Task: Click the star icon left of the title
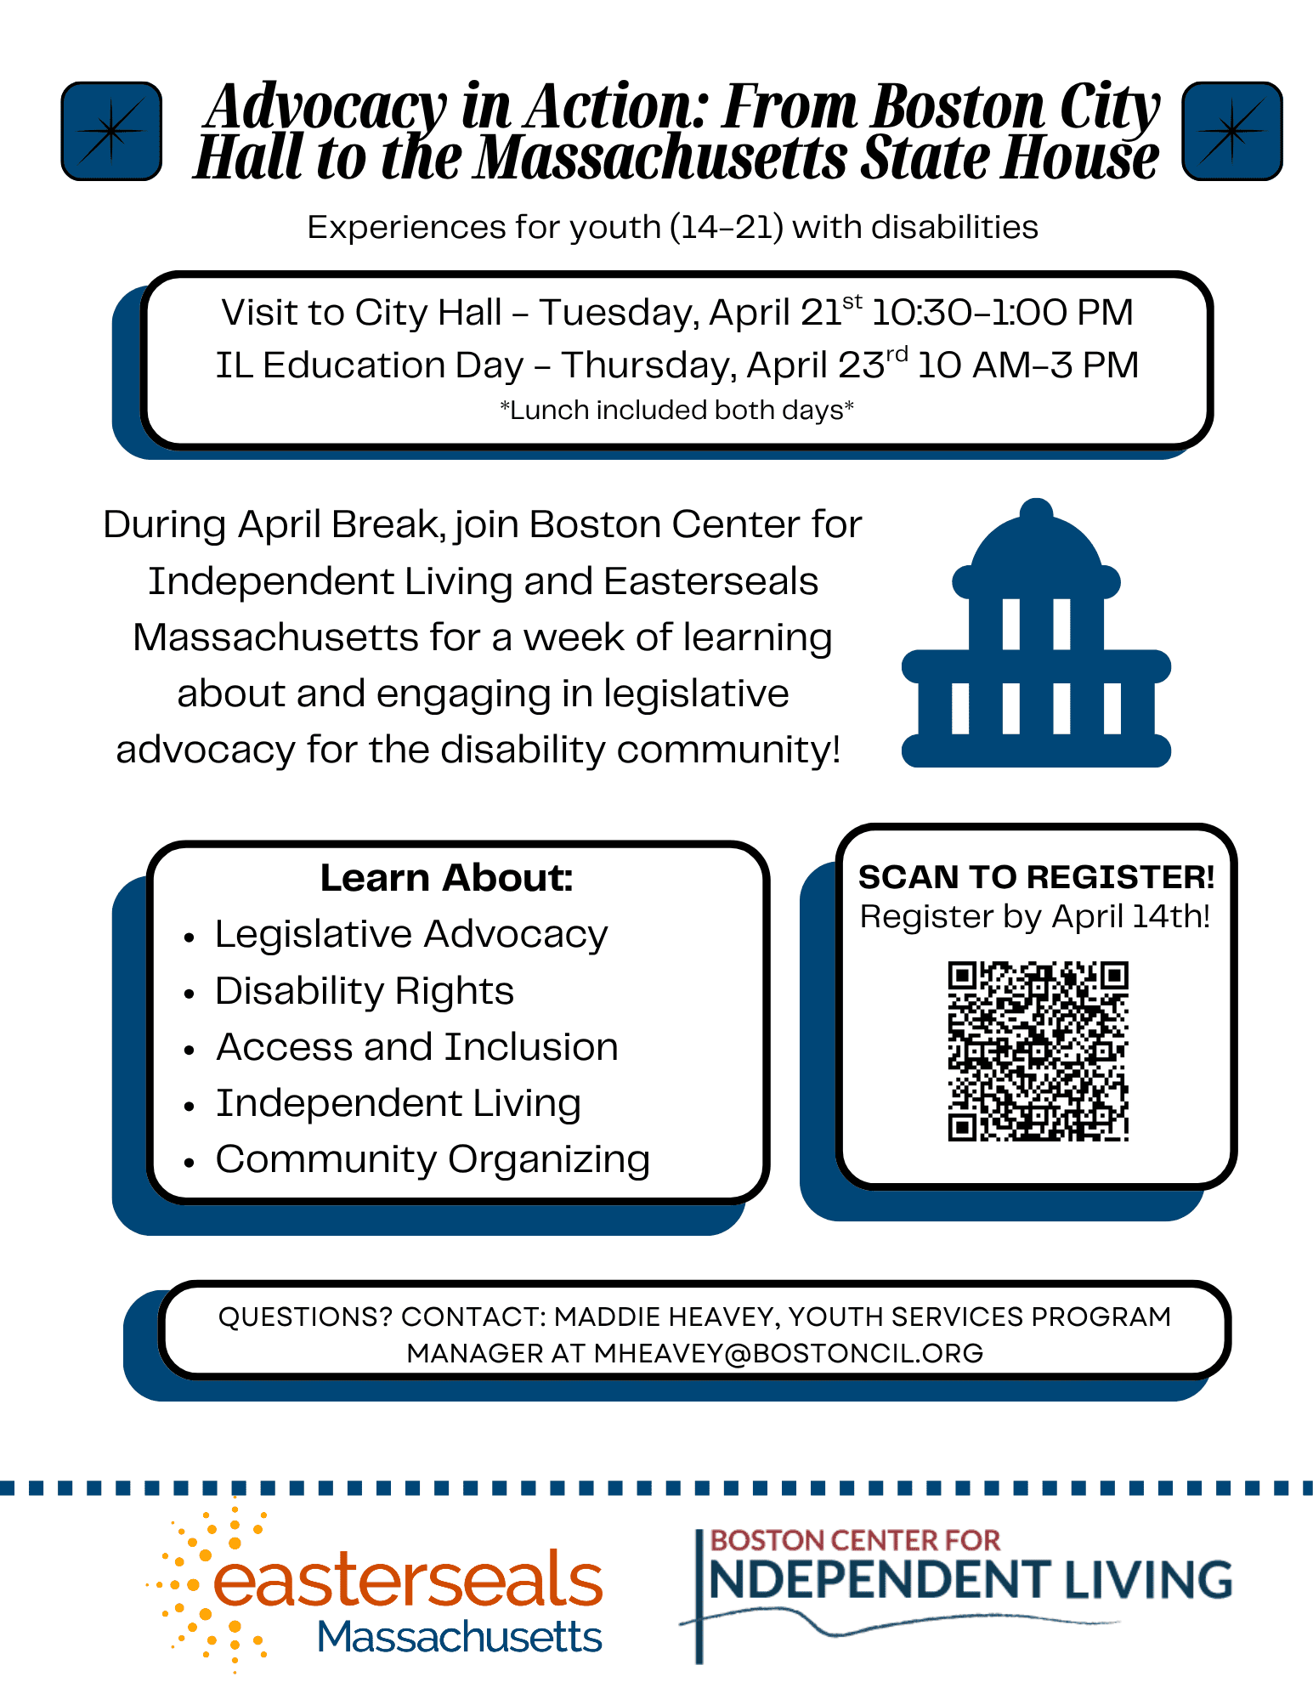[111, 131]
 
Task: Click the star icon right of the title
[1231, 131]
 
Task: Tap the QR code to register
[1038, 1051]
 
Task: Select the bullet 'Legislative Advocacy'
[411, 934]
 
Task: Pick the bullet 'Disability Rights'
[365, 991]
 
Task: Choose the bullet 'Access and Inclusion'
[416, 1047]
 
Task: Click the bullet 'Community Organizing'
[433, 1159]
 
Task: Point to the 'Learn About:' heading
[446, 878]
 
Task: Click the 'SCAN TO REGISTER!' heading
[1036, 877]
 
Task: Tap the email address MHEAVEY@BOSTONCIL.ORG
[788, 1353]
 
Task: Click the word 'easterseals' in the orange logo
[408, 1579]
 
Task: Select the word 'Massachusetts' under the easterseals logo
[459, 1637]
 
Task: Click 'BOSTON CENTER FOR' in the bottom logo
[855, 1540]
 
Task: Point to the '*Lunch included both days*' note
[676, 411]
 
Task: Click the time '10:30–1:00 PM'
[1002, 313]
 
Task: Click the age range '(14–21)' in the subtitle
[726, 228]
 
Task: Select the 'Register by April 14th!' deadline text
[1034, 917]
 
